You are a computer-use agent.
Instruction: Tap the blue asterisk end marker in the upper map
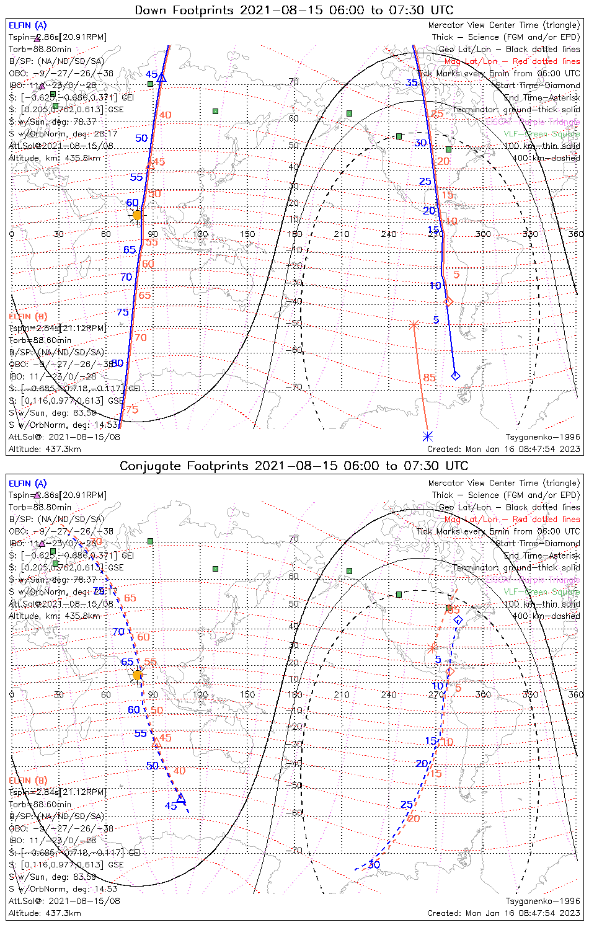coord(427,436)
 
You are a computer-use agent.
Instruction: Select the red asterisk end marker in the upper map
coord(414,324)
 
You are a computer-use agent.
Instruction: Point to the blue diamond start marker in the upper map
coord(456,375)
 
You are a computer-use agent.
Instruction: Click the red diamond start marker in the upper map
coord(448,301)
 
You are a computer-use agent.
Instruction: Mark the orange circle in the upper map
coord(137,215)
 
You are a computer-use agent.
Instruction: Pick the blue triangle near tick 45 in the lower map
coord(180,798)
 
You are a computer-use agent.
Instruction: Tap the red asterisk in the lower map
coord(433,649)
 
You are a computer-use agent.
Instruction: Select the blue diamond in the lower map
coord(458,620)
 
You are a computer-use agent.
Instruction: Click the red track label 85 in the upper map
coord(430,378)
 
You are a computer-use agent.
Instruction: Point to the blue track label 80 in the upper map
coord(117,363)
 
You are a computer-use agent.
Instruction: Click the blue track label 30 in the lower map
coord(374,864)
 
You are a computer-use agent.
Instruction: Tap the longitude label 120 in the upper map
coord(200,234)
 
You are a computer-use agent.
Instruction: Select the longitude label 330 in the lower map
coord(530,694)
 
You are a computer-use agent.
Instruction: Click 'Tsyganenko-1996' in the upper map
coord(542,437)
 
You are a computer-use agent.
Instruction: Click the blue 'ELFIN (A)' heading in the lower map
coord(28,484)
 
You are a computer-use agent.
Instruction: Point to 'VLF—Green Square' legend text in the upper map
coord(541,134)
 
